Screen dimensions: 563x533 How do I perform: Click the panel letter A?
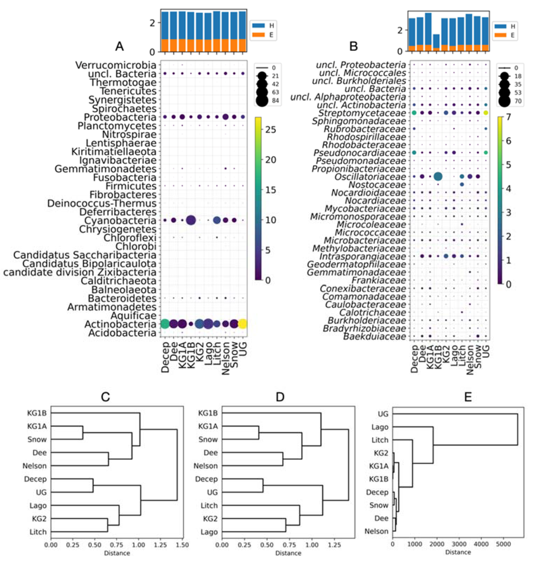[x=119, y=46]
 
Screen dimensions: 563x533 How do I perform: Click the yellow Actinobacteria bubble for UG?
[x=243, y=324]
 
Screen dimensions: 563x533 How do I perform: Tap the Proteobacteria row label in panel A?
[x=120, y=117]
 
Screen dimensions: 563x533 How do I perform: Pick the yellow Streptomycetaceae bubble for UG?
[x=486, y=113]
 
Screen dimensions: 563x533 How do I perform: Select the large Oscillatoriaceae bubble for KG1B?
[x=438, y=176]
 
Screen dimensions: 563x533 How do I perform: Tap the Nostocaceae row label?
[x=377, y=185]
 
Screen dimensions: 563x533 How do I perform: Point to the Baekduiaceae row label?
[x=374, y=336]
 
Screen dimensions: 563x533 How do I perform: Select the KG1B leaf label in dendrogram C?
[x=37, y=413]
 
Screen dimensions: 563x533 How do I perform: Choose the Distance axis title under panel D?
[x=288, y=553]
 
